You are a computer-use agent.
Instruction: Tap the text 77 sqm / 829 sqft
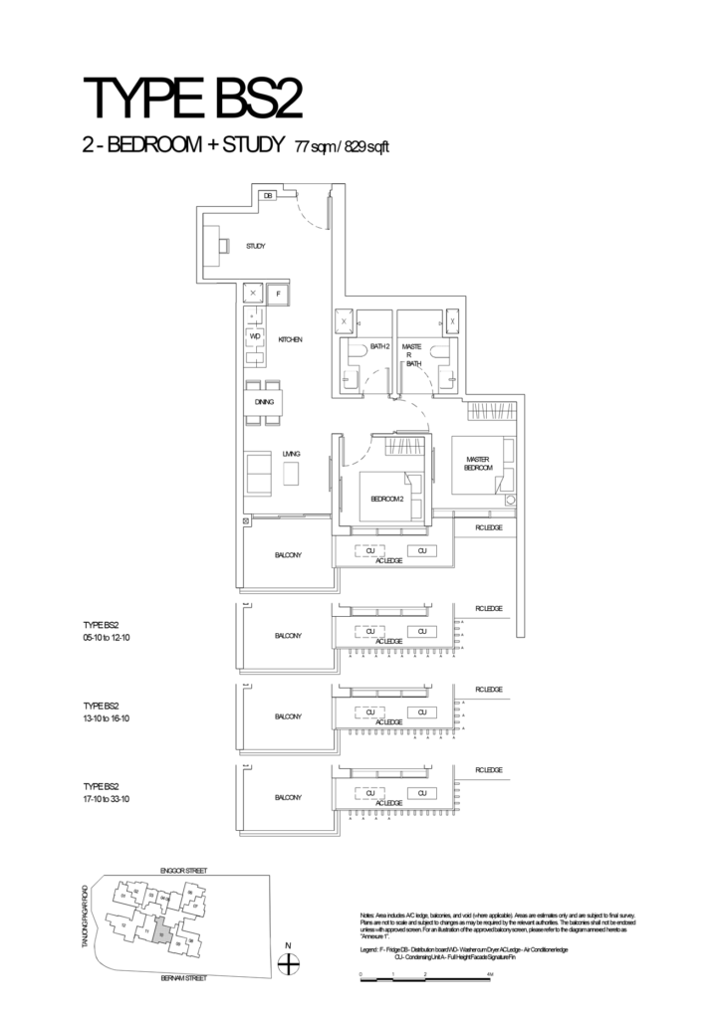pyautogui.click(x=341, y=147)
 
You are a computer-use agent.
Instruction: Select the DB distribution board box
pyautogui.click(x=268, y=196)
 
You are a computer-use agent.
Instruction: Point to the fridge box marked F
pyautogui.click(x=278, y=295)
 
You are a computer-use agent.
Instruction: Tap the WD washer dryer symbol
pyautogui.click(x=255, y=335)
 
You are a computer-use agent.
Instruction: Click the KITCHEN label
pyautogui.click(x=290, y=340)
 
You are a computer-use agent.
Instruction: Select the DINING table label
pyautogui.click(x=264, y=402)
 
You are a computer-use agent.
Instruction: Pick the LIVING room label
pyautogui.click(x=291, y=454)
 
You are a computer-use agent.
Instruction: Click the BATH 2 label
pyautogui.click(x=378, y=347)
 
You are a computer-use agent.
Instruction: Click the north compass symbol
pyautogui.click(x=288, y=963)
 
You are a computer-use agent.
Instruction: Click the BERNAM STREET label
pyautogui.click(x=183, y=979)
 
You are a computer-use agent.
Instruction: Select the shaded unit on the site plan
pyautogui.click(x=161, y=933)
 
